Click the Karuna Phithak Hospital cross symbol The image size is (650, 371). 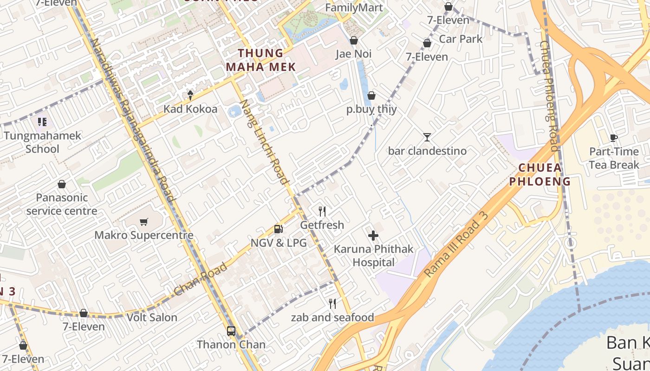pos(373,236)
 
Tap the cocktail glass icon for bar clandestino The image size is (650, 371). pos(427,137)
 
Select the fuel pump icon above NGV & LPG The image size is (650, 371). pos(278,229)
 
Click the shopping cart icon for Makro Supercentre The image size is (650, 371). pos(144,222)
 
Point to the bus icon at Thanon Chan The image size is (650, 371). pos(231,331)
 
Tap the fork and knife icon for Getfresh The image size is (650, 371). pos(322,211)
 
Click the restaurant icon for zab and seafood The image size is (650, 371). pos(332,304)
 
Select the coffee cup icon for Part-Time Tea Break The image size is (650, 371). pos(614,138)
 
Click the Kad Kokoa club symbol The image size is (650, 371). pos(190,95)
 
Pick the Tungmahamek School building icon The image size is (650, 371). pos(42,122)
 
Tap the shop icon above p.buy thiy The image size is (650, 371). pos(371,96)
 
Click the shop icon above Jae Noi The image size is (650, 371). pos(354,40)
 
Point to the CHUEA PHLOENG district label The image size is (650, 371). pos(540,174)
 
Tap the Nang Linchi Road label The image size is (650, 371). pos(266,142)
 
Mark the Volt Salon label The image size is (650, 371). pos(152,318)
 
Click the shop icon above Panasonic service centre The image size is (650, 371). pos(62,184)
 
